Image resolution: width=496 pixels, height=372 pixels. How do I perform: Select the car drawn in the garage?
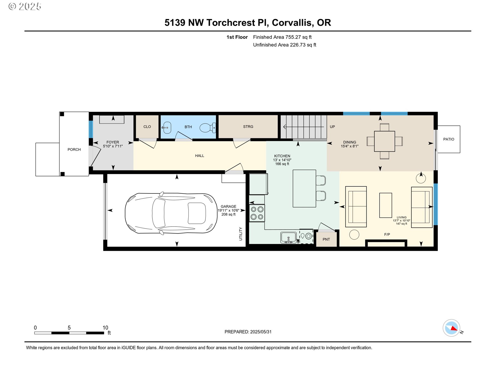pos(171,213)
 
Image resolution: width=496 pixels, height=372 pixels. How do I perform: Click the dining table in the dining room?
pos(384,141)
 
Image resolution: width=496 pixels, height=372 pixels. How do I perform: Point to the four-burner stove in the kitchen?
pos(257,213)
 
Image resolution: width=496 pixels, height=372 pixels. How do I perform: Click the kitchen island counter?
pos(304,188)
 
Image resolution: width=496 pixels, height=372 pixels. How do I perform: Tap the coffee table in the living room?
pos(385,205)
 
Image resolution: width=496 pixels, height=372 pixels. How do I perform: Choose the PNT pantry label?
pos(326,239)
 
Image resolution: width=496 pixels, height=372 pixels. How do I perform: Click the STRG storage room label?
pos(248,127)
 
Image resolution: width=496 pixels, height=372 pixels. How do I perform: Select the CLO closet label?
pos(147,127)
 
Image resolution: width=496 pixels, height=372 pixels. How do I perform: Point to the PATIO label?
pos(448,139)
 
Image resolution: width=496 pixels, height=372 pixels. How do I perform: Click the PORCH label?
pos(74,150)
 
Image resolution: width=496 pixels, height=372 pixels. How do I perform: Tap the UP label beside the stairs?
pos(332,127)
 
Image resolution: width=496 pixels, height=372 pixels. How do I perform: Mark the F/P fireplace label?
pos(387,235)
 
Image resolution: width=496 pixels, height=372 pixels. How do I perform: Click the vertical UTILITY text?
pos(241,234)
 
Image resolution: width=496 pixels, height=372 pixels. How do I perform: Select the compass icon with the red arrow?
pos(452,328)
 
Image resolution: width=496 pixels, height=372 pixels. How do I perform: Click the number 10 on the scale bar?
pos(105,328)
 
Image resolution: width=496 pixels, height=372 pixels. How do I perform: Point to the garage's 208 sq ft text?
pos(228,214)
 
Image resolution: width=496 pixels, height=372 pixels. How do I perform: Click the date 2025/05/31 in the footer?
pos(261,332)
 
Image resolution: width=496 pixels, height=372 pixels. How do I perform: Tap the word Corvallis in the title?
pos(293,23)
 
